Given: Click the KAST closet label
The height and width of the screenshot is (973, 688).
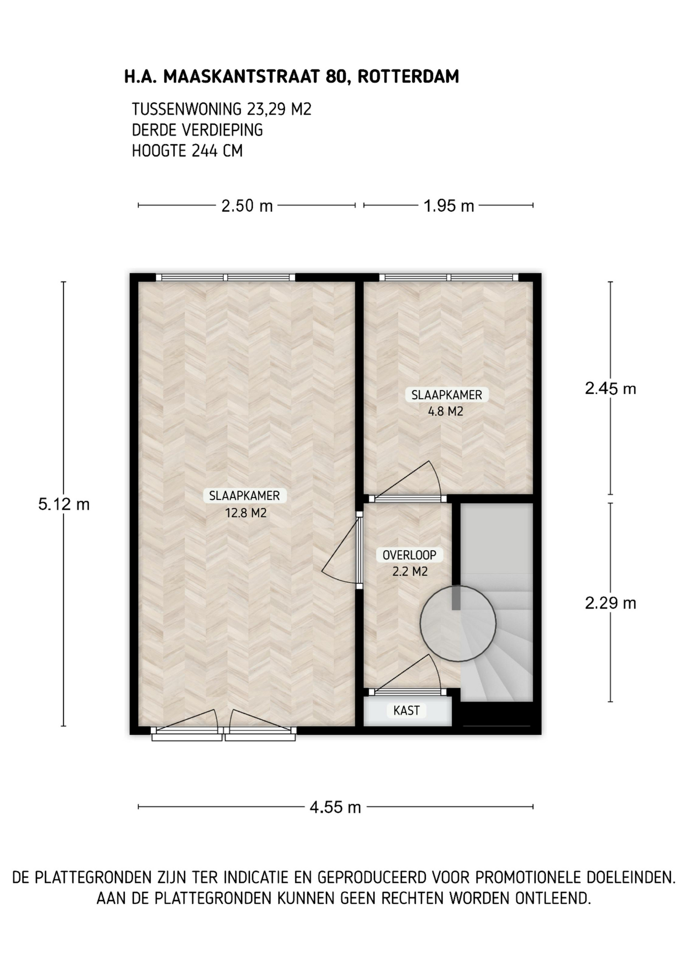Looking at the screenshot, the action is tap(406, 710).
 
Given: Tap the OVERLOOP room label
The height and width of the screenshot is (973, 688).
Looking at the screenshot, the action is tap(409, 555).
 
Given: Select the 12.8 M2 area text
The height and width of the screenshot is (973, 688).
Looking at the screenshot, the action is tap(246, 513).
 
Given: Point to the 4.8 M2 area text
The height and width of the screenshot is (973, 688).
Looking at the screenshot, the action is tap(446, 411).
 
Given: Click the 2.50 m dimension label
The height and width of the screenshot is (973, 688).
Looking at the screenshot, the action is tap(247, 206).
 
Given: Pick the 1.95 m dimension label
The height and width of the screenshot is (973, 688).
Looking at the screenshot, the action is tap(449, 206).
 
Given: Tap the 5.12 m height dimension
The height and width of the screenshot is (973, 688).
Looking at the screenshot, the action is tap(64, 504).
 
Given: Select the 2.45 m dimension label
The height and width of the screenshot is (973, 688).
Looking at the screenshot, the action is tap(610, 389).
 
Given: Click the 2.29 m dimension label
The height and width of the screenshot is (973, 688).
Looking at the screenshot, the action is tap(610, 603).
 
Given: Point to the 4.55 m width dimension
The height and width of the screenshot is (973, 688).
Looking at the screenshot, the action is tap(335, 807).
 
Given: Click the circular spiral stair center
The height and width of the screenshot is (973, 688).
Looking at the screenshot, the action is tap(458, 623).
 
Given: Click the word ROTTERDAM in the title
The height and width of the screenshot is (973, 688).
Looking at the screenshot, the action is tap(408, 77).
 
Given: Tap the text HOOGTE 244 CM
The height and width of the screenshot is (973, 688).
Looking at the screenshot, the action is tap(187, 151).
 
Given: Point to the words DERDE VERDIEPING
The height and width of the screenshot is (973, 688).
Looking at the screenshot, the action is tap(197, 130).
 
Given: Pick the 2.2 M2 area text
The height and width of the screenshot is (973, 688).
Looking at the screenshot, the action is tap(410, 572).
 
